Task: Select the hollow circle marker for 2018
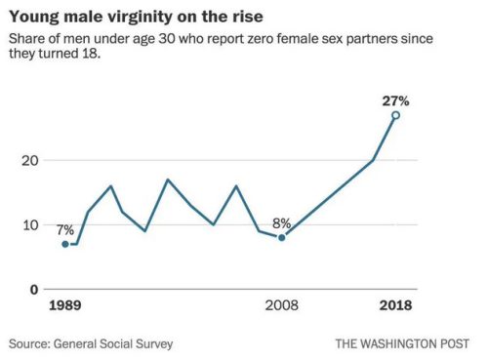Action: coord(395,115)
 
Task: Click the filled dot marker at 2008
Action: coord(282,237)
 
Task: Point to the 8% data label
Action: coord(280,221)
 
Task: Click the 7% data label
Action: coord(65,229)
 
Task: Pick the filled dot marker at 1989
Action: coord(65,244)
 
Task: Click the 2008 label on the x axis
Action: coord(282,305)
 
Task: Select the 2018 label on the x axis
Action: coord(395,305)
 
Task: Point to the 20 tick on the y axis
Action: coord(32,160)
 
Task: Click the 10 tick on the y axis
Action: coord(32,224)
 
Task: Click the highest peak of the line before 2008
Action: coord(168,180)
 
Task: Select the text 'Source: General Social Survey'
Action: coord(94,343)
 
